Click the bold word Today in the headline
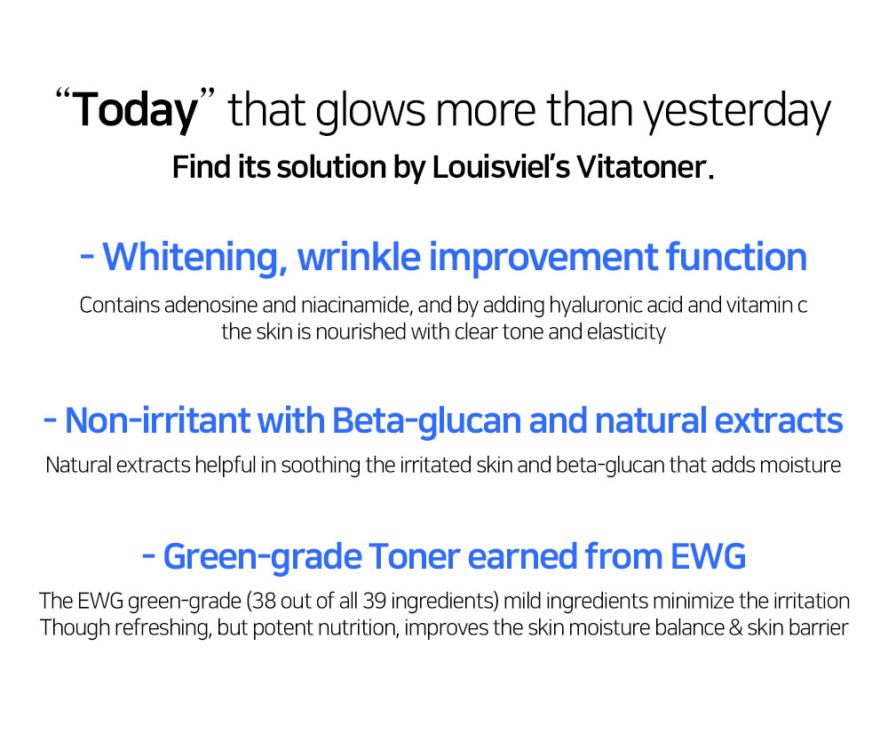tap(135, 110)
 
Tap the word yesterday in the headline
tap(736, 112)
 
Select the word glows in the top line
tap(369, 111)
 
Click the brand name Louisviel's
tap(501, 167)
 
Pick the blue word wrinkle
tap(359, 257)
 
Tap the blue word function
tap(736, 257)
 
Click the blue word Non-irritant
tap(157, 421)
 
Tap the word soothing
tap(321, 466)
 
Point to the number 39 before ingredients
tap(375, 601)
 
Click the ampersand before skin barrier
tap(735, 628)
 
